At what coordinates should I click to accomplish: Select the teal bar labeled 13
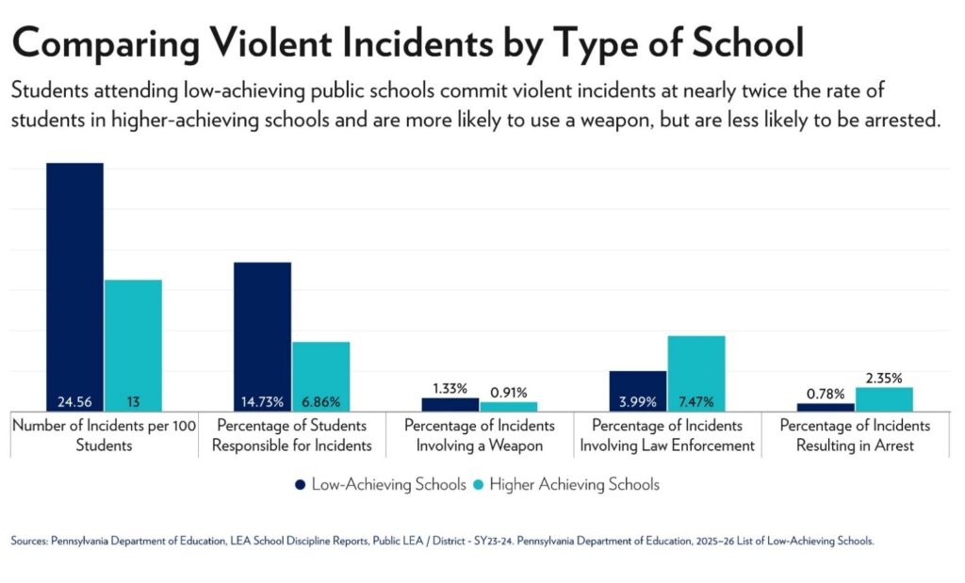tap(133, 345)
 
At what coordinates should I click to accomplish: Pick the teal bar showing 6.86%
tap(320, 376)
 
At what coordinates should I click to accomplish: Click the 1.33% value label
tap(450, 388)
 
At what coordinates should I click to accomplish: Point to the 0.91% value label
tap(509, 393)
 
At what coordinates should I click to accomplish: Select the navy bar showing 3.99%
tap(638, 390)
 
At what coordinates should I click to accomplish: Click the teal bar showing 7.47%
tap(696, 372)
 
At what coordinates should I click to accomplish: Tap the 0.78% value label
tap(826, 394)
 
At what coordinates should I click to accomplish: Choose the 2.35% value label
tap(884, 379)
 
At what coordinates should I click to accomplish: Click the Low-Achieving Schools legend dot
tap(301, 484)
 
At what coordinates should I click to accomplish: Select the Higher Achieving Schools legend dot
tap(478, 484)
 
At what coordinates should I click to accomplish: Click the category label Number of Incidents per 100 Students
tap(104, 435)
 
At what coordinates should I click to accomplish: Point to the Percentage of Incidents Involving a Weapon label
tap(480, 435)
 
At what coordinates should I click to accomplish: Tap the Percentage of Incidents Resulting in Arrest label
tap(855, 435)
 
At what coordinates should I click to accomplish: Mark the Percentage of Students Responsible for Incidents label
tap(292, 435)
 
